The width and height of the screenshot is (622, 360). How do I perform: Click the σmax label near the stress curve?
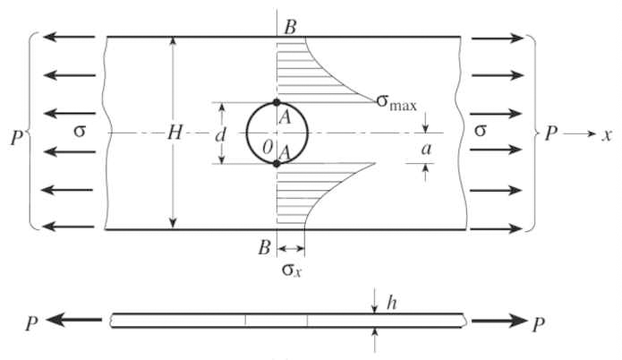point(396,103)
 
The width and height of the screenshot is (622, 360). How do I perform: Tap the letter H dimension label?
point(175,133)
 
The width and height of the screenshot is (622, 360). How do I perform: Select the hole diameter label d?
point(220,135)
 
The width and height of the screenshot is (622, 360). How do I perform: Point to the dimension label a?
point(426,150)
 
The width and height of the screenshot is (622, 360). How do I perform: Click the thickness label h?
point(391,304)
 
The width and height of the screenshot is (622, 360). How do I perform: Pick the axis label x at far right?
point(607,136)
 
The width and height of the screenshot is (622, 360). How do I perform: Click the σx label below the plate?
point(292,270)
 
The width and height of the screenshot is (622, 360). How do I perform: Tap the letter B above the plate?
point(290,28)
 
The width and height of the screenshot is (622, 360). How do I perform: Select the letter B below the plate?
point(265,247)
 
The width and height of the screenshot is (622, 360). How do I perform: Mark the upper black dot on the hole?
point(277,102)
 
